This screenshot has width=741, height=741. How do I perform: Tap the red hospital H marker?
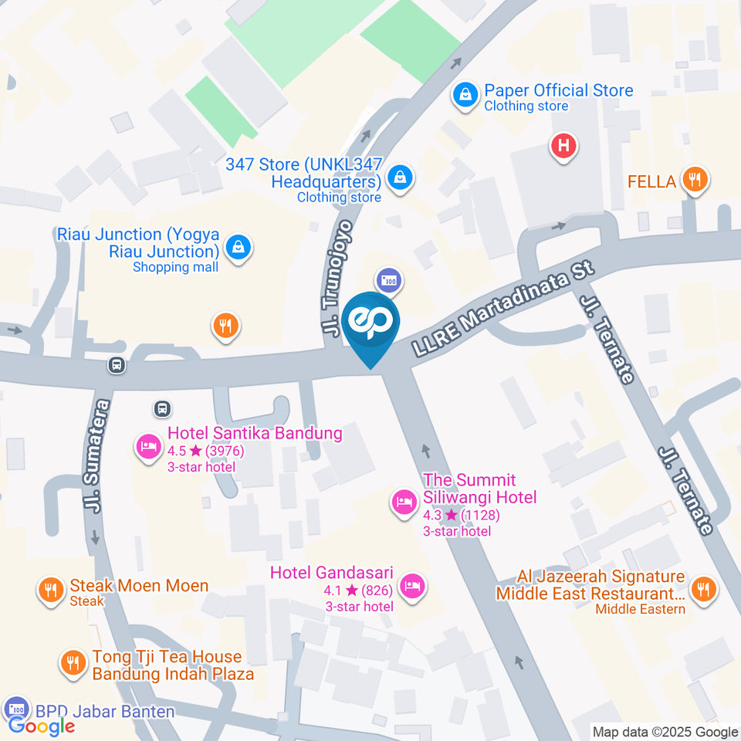tap(564, 145)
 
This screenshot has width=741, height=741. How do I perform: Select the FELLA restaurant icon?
tap(695, 181)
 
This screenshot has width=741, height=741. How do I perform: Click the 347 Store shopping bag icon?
tap(401, 178)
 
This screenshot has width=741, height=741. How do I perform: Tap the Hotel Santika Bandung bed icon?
tap(147, 447)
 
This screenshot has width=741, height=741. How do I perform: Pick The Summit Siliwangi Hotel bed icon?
tap(402, 502)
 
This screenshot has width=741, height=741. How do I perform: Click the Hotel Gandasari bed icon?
tap(413, 587)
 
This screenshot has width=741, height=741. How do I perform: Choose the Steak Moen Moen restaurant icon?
tap(50, 590)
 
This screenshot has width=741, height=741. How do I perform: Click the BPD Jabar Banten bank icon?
tap(15, 708)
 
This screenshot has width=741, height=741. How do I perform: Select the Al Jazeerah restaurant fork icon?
tap(703, 590)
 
